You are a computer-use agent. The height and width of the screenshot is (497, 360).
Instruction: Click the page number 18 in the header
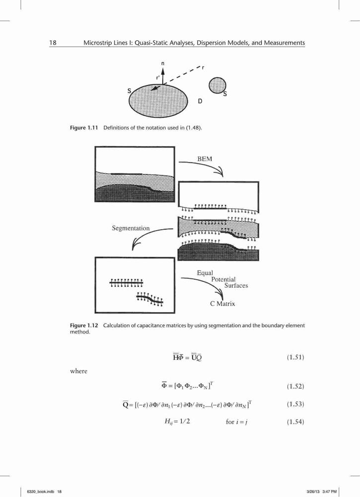click(53, 42)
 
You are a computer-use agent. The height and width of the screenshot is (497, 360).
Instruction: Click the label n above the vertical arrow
click(163, 64)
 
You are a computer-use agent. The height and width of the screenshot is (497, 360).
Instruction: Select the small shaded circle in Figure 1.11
click(217, 85)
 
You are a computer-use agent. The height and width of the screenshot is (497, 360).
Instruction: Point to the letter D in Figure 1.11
click(200, 101)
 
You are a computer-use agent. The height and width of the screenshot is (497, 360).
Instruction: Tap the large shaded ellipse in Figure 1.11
click(158, 100)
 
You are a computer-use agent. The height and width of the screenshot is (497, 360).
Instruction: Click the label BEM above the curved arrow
click(205, 159)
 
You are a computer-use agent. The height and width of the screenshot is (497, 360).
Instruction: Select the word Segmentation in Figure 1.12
click(131, 228)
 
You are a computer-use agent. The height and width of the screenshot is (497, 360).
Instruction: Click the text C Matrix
click(222, 304)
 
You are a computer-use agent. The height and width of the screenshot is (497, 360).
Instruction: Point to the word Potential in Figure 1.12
click(223, 279)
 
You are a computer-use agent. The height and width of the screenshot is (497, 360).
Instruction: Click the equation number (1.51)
click(295, 357)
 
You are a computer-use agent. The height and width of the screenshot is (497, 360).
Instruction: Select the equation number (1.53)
click(295, 404)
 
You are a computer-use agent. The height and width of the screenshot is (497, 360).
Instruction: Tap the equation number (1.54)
click(295, 422)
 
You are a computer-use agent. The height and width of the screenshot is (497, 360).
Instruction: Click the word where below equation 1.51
click(78, 371)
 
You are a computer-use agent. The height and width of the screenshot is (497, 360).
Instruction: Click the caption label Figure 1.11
click(82, 128)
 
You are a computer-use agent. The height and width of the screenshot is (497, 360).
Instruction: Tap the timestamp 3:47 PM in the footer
click(329, 492)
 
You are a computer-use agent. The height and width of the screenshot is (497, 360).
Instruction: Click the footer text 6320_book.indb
click(37, 492)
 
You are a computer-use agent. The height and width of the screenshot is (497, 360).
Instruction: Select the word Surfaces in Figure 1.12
click(236, 286)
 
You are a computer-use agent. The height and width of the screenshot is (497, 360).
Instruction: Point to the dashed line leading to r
click(182, 76)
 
